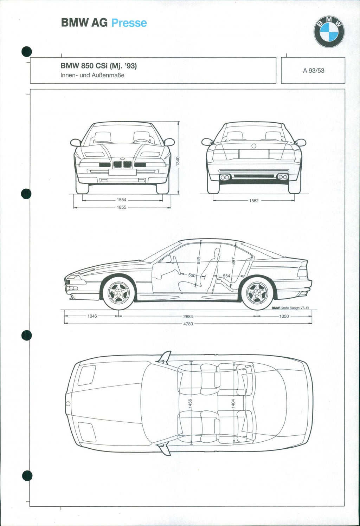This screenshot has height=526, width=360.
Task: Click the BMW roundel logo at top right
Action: pyautogui.click(x=329, y=32)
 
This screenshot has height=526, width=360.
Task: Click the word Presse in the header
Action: pyautogui.click(x=129, y=23)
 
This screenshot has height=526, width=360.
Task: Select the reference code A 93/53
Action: pyautogui.click(x=314, y=71)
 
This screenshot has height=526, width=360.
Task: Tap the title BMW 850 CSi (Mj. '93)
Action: pyautogui.click(x=98, y=66)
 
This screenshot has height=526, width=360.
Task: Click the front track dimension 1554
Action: pyautogui.click(x=121, y=200)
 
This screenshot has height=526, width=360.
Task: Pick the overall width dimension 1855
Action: pyautogui.click(x=121, y=207)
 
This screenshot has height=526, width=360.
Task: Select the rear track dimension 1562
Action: pyautogui.click(x=254, y=201)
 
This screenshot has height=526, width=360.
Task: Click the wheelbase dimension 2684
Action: pyautogui.click(x=188, y=316)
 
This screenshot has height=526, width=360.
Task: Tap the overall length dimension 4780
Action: pyautogui.click(x=188, y=324)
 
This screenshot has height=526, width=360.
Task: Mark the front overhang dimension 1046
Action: pyautogui.click(x=92, y=316)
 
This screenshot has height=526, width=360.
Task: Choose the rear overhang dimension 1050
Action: pyautogui.click(x=284, y=316)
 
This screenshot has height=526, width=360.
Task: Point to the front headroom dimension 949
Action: pyautogui.click(x=199, y=260)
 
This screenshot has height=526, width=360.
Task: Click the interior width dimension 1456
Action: pyautogui.click(x=190, y=403)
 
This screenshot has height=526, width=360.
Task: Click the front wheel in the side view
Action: pyautogui.click(x=118, y=293)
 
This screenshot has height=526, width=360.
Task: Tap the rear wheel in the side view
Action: pyautogui.click(x=257, y=293)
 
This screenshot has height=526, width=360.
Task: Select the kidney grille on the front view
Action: pyautogui.click(x=122, y=164)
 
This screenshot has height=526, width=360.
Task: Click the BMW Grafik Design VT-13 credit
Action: pyautogui.click(x=290, y=308)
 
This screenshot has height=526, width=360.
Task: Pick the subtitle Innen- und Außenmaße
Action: pyautogui.click(x=92, y=75)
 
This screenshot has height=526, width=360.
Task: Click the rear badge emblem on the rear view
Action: pyautogui.click(x=254, y=146)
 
